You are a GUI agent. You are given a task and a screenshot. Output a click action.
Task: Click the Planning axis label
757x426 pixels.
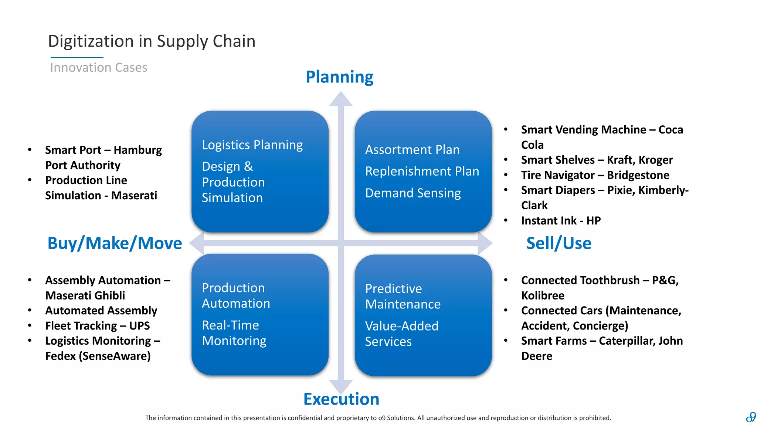pyautogui.click(x=339, y=77)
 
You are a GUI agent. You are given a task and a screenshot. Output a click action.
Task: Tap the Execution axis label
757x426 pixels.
pyautogui.click(x=341, y=399)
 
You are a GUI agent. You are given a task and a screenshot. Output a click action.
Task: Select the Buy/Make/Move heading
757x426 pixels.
pyautogui.click(x=115, y=243)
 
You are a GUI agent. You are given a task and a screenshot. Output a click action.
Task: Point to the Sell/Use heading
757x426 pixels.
pyautogui.click(x=559, y=243)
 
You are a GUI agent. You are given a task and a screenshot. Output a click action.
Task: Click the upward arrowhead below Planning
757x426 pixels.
pyautogui.click(x=341, y=99)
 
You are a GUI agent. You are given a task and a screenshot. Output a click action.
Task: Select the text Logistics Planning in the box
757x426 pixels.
pyautogui.click(x=252, y=145)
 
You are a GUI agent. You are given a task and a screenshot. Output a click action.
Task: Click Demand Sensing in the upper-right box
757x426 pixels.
pyautogui.click(x=413, y=193)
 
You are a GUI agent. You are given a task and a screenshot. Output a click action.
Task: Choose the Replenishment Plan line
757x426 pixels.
pyautogui.click(x=422, y=171)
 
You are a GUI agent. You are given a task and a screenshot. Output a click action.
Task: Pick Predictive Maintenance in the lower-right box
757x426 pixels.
pyautogui.click(x=403, y=296)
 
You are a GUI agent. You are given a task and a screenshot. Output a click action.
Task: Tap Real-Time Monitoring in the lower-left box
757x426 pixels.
pyautogui.click(x=234, y=333)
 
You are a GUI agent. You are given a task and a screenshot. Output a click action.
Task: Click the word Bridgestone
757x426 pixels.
pyautogui.click(x=638, y=175)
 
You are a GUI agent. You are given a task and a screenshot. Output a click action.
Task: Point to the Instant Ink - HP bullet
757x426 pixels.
pyautogui.click(x=561, y=221)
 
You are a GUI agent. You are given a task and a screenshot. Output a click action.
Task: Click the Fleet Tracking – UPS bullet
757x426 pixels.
pyautogui.click(x=97, y=326)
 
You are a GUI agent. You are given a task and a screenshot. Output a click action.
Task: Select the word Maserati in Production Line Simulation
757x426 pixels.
pyautogui.click(x=134, y=195)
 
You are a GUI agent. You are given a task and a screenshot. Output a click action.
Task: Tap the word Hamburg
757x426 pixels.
pyautogui.click(x=138, y=150)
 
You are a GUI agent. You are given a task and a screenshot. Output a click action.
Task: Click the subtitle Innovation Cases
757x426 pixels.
pyautogui.click(x=99, y=68)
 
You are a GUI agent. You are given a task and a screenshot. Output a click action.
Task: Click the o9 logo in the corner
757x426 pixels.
pyautogui.click(x=751, y=417)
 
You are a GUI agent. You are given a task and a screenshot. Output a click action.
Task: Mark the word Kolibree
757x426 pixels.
pyautogui.click(x=543, y=295)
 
